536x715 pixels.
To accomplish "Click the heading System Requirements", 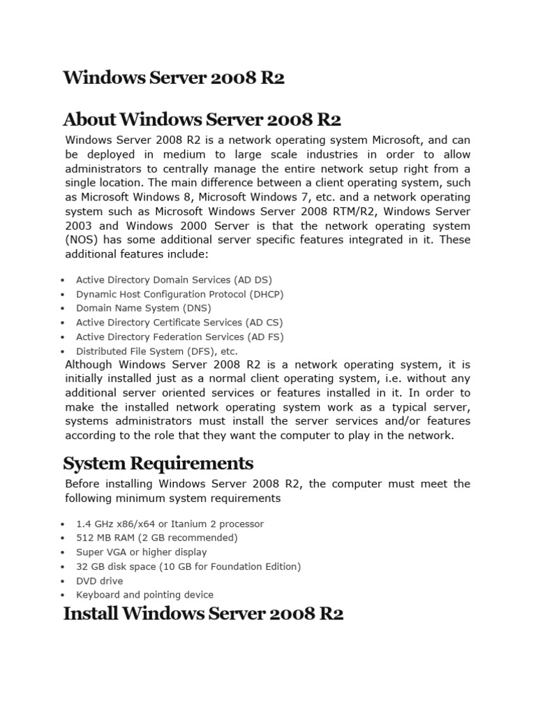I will click(x=158, y=463).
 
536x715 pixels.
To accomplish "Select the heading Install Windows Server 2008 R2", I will click(x=203, y=614).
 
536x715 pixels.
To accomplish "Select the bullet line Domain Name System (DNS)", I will click(x=143, y=308).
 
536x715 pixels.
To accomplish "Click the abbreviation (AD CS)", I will click(x=265, y=323).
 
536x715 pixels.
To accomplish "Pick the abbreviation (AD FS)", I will click(x=265, y=337).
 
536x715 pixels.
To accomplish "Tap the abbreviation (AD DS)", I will click(x=253, y=280).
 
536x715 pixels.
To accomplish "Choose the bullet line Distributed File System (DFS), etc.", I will click(x=156, y=351).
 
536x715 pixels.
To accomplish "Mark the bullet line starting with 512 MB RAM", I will click(x=156, y=538).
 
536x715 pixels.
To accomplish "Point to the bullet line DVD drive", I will click(x=99, y=581).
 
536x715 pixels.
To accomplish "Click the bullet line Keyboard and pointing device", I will click(x=144, y=595).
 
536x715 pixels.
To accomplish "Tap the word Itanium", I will click(x=186, y=524).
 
